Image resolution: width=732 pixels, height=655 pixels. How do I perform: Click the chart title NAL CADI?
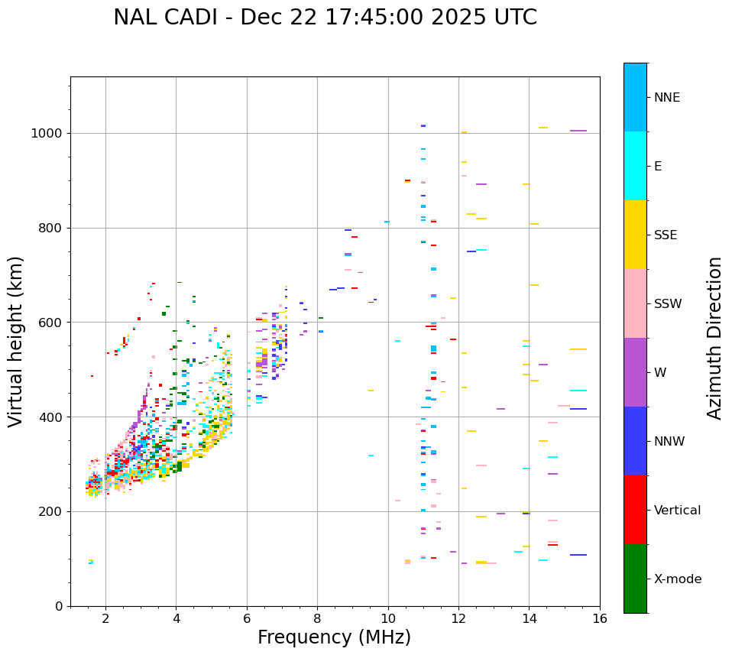pos(325,18)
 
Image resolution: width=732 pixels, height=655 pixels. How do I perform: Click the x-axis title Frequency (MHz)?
pos(334,637)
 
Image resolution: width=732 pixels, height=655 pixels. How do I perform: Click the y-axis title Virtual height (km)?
pos(16,341)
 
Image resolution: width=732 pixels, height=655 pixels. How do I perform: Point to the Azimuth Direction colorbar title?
pos(714,338)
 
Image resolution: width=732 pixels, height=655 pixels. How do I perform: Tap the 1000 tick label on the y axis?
pos(47,133)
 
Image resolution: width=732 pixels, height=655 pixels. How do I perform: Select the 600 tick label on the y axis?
pos(50,323)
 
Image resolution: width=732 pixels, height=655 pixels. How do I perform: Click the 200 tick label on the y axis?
pos(50,511)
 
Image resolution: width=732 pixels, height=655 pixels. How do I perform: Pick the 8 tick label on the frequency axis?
pos(317,618)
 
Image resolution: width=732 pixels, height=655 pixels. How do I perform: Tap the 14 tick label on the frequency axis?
pos(529,618)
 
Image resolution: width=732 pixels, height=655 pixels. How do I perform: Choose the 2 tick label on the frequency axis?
pos(105,618)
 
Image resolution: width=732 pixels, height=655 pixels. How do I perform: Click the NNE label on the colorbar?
pos(666,98)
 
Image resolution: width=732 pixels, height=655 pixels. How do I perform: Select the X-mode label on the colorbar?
pos(677,579)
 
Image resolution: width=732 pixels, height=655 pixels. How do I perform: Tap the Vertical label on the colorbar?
pos(677,511)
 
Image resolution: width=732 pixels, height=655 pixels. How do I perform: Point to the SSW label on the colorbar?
pos(668,304)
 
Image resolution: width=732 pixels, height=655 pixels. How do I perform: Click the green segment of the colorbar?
pos(635,579)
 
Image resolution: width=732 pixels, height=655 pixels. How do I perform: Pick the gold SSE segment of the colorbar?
pos(635,235)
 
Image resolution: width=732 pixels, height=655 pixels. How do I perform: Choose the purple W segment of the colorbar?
pos(635,372)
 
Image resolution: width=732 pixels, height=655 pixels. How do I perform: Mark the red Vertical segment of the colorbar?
pos(635,510)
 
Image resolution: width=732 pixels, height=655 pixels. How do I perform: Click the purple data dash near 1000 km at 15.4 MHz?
pos(578,131)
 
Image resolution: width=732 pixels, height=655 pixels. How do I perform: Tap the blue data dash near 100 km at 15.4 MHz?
pos(578,555)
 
